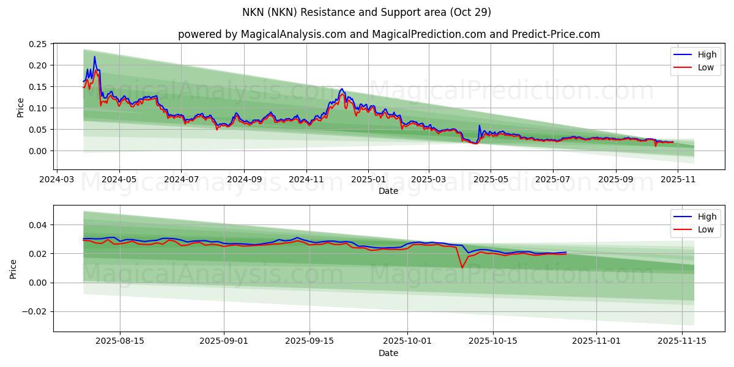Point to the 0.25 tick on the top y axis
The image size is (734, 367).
coord(37,44)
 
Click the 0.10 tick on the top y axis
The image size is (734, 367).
coord(37,108)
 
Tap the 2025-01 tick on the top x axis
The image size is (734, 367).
coord(368,180)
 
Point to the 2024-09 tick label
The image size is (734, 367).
coord(244,180)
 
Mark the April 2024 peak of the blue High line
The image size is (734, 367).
coord(94,57)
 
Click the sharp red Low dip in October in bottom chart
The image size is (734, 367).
coord(462,267)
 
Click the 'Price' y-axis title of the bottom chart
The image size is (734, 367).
coord(13,269)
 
